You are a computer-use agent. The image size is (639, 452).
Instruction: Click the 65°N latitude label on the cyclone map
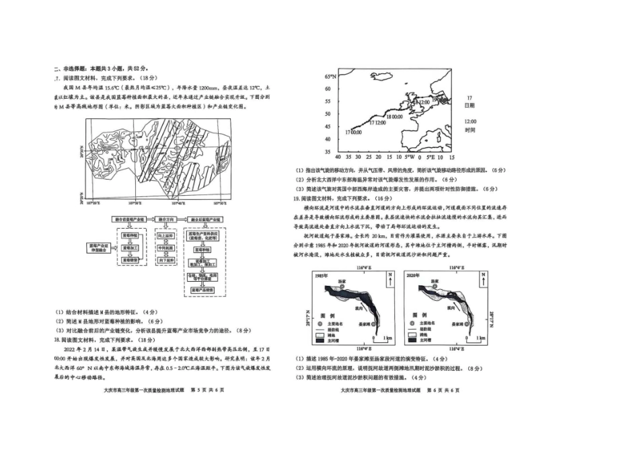pyautogui.click(x=330, y=76)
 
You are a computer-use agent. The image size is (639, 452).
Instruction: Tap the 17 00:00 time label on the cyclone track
pyautogui.click(x=354, y=133)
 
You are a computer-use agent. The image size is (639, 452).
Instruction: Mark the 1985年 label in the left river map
pyautogui.click(x=321, y=276)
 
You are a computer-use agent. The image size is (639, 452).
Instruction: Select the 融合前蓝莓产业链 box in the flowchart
pyautogui.click(x=128, y=220)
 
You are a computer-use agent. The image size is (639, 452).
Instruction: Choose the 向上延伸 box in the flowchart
pyautogui.click(x=165, y=236)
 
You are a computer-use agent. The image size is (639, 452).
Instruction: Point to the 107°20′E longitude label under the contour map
pyautogui.click(x=94, y=202)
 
